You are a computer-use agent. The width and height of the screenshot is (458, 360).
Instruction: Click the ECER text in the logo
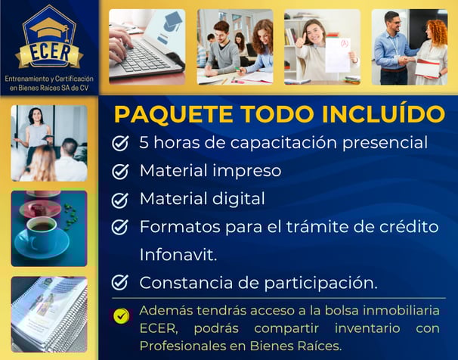tap(50, 53)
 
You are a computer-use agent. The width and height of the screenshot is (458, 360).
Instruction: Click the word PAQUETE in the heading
tap(174, 114)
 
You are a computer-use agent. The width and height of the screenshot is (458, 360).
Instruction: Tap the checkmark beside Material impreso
tap(120, 171)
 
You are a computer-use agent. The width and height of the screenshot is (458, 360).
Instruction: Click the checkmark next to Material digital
tap(120, 200)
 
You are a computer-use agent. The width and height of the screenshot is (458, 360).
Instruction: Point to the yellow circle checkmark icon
tap(122, 316)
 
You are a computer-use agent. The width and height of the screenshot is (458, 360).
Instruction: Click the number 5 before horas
tap(144, 142)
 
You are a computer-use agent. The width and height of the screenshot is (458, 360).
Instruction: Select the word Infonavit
tap(178, 255)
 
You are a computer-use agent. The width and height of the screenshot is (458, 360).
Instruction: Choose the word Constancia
tap(186, 283)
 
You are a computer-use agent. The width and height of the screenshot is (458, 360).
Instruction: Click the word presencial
tap(385, 143)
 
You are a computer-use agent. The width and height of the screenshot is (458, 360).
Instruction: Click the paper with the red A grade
tap(338, 54)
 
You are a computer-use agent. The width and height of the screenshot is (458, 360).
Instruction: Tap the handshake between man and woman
tap(404, 61)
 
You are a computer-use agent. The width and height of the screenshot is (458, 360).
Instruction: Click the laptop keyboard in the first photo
tap(143, 57)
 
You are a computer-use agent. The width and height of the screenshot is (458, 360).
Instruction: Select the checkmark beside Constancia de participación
tap(120, 282)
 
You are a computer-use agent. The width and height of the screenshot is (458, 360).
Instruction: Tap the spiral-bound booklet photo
tap(49, 314)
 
